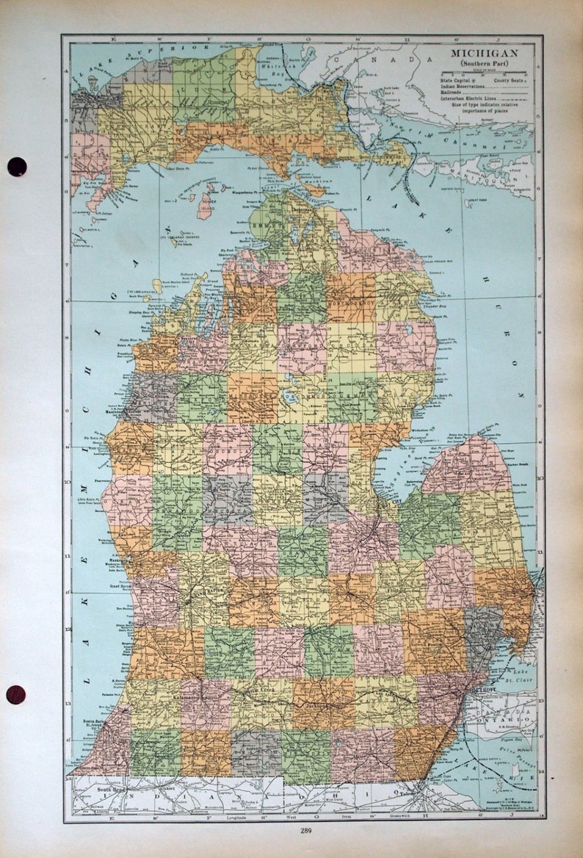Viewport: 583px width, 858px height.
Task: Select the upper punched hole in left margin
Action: (17, 167)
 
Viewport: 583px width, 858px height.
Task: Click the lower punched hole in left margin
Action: (16, 694)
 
